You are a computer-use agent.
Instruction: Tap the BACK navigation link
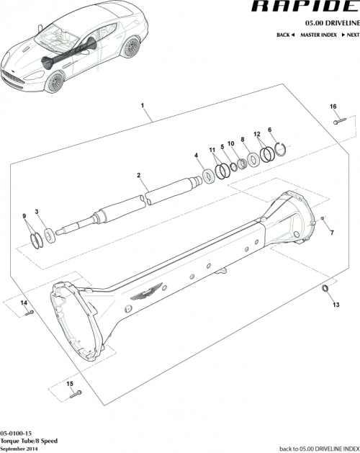click(285, 35)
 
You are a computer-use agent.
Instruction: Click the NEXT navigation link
click(350, 35)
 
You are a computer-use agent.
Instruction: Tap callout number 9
click(24, 216)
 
